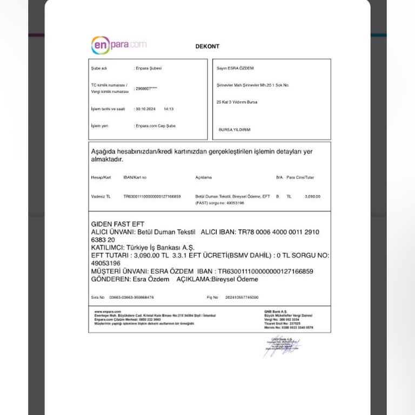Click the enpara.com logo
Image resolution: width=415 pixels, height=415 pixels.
click(118, 45)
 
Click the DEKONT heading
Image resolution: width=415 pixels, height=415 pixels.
click(207, 46)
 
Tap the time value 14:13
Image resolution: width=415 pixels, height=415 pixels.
click(168, 109)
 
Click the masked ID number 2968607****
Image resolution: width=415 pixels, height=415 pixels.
click(146, 88)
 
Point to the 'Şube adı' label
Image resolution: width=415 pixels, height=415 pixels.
click(99, 69)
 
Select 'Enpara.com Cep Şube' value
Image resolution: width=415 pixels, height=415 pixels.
click(155, 125)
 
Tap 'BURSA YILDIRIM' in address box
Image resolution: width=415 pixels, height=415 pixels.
click(235, 130)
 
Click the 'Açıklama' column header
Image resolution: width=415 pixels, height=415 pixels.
click(203, 177)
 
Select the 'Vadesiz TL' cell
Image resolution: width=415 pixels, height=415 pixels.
click(101, 197)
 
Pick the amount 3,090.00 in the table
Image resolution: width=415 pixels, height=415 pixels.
click(312, 197)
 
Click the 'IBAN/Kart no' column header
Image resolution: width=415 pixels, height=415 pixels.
click(135, 177)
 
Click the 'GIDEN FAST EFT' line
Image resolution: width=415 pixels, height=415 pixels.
click(118, 224)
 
